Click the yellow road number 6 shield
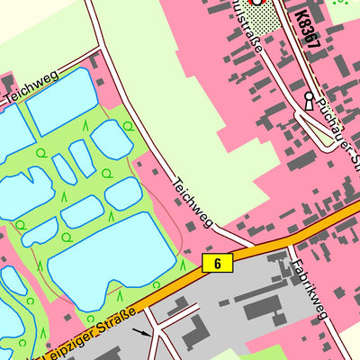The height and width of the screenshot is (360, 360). (x=217, y=263)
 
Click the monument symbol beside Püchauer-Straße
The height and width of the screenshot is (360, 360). (x=310, y=100)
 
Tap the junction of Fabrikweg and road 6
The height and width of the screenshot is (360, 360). (x=291, y=244)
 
